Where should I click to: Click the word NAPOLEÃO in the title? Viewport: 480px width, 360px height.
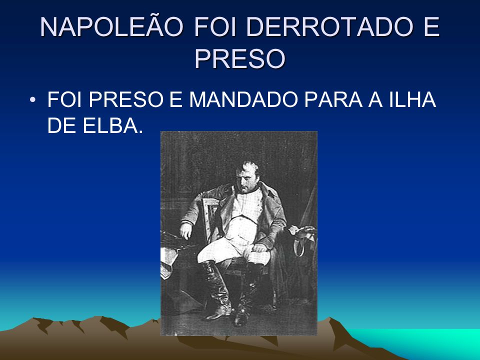[111, 26]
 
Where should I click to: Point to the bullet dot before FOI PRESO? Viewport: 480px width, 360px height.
[32, 100]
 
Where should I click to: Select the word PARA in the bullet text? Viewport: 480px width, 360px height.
[333, 99]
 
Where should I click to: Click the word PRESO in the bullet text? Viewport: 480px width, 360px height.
[126, 99]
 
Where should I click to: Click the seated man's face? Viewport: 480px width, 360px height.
[246, 179]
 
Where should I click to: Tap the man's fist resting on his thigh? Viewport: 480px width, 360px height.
[260, 246]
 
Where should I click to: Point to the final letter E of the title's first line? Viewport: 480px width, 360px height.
[431, 27]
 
